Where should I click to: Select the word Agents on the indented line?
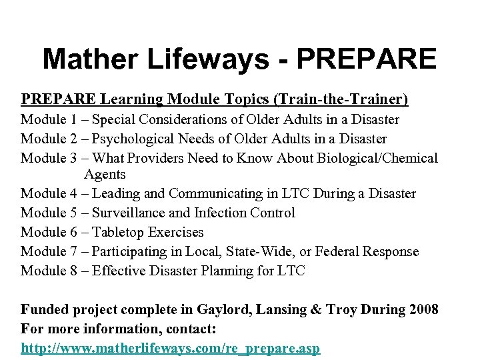point(105,175)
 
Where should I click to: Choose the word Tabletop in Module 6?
point(118,233)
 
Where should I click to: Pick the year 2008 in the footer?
point(422,310)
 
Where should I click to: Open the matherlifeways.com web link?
point(171,349)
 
